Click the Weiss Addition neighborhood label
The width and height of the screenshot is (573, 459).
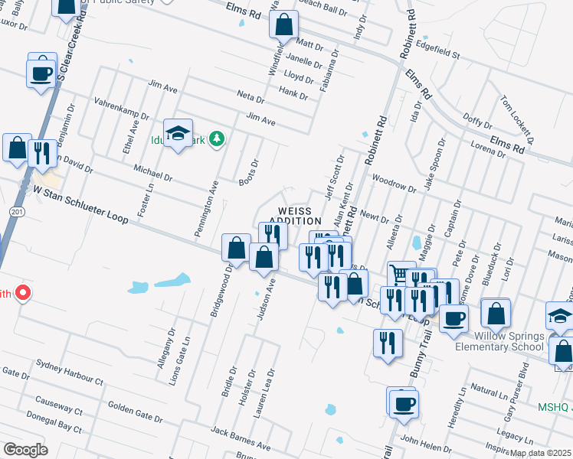point(294,215)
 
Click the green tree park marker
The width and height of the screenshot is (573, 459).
point(218,138)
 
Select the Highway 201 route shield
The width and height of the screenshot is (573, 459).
point(15,211)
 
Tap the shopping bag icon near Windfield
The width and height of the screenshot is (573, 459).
point(284,25)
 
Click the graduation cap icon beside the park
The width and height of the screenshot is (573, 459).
point(178,133)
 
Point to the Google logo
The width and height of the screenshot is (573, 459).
point(25,450)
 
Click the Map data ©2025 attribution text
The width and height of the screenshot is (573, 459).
point(540,453)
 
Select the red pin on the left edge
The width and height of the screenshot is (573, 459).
point(23,292)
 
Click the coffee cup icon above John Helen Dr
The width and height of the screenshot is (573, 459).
point(404,402)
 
